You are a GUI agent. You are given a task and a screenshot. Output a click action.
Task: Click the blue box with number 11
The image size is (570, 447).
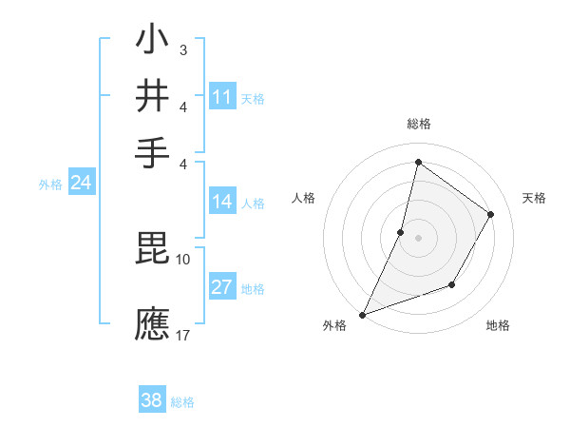pos(222,97)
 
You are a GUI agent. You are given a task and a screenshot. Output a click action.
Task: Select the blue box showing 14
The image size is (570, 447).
pos(222,202)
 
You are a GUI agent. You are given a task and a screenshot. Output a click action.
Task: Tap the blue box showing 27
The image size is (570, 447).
pos(222,288)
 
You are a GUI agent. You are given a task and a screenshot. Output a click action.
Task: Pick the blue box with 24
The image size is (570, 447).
pos(82,184)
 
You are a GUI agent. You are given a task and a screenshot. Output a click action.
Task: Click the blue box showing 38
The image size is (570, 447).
pos(152,400)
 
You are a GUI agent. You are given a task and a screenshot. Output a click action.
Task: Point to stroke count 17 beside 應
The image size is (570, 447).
pos(183,335)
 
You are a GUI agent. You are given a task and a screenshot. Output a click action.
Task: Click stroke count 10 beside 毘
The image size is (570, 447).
pos(183,259)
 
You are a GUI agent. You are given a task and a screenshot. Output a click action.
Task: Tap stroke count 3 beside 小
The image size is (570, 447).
pos(183,49)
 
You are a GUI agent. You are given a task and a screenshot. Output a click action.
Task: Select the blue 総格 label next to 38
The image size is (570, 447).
pos(182,401)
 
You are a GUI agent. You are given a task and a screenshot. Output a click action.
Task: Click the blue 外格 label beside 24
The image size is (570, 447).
pos(50,185)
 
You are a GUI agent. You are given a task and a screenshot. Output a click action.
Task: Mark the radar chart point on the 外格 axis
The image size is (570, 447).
pos(362,314)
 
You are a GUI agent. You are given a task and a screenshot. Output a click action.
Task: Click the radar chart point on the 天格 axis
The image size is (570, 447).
pos(491,214)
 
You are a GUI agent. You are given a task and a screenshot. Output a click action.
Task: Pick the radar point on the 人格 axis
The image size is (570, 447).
pos(401,231)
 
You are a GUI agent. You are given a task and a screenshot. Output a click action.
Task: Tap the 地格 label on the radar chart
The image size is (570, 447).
pos(498,325)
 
